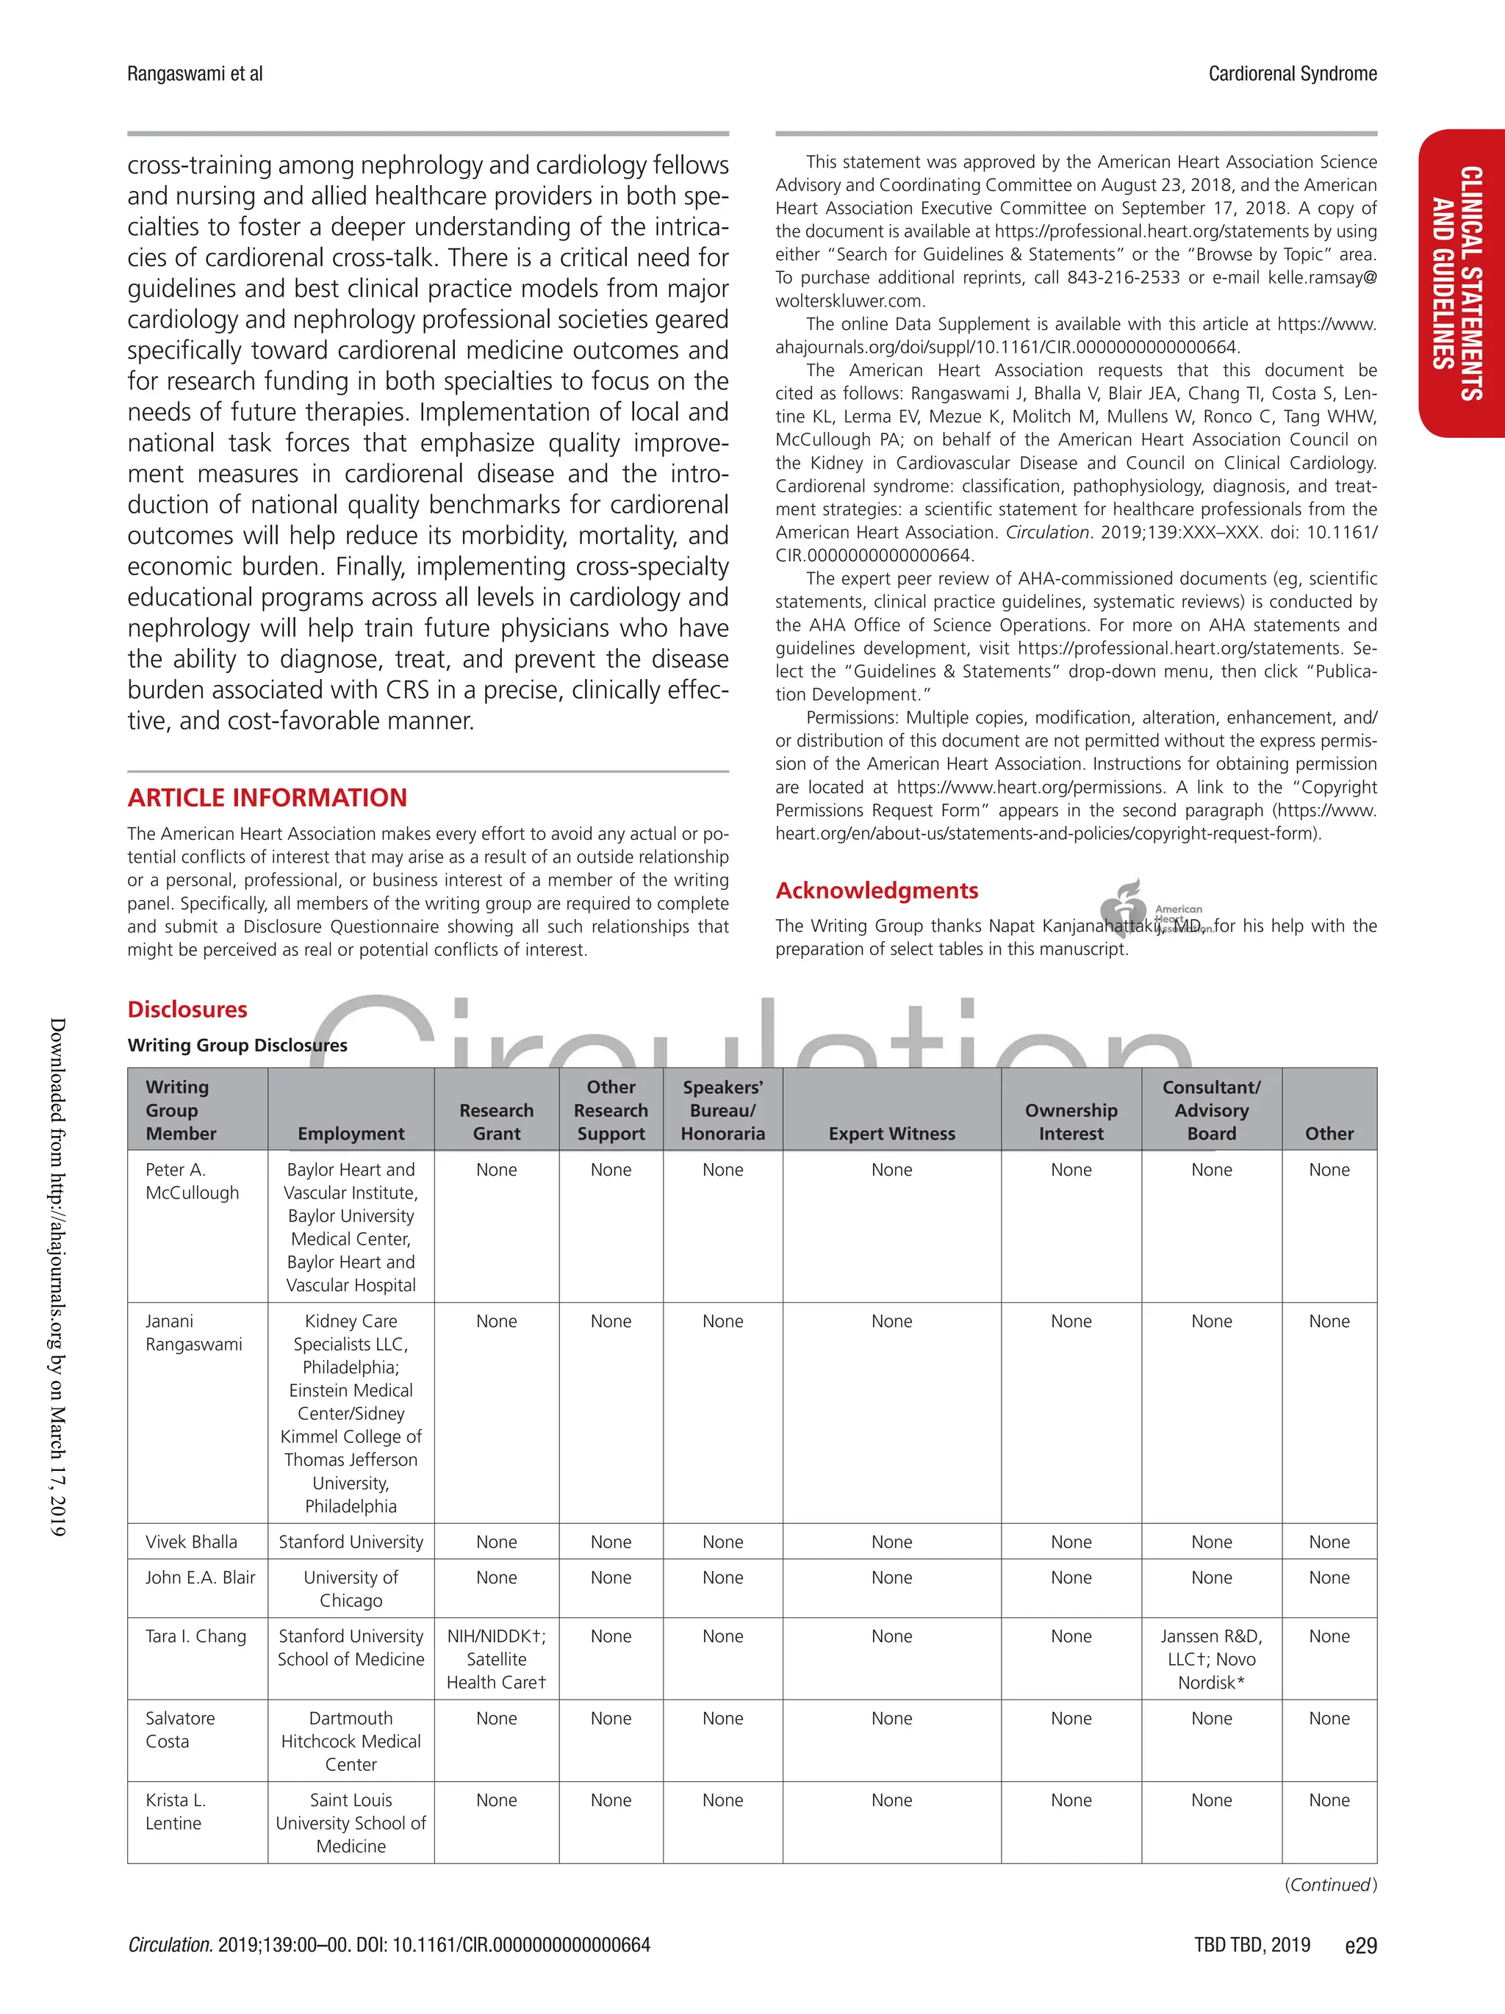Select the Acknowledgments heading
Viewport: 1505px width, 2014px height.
[876, 891]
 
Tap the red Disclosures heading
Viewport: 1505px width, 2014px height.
[187, 1009]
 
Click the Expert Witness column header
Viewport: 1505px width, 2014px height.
[891, 1134]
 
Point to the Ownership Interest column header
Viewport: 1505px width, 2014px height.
[1071, 1122]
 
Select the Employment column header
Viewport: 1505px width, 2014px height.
[351, 1134]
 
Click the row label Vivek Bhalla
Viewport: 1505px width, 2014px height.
[191, 1542]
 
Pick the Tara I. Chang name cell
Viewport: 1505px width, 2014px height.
[195, 1636]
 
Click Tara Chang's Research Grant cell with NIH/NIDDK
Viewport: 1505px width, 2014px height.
[496, 1659]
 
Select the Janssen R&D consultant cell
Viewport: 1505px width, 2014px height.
[1211, 1659]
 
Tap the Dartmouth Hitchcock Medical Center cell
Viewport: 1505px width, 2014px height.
[351, 1741]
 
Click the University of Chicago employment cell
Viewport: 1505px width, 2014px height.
[351, 1589]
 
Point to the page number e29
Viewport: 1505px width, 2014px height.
[1360, 1945]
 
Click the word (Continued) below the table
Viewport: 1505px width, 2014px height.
[1330, 1884]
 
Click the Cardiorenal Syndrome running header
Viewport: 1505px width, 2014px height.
[1292, 73]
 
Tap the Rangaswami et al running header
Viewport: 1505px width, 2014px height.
[195, 73]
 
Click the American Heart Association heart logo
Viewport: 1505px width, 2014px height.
[1124, 909]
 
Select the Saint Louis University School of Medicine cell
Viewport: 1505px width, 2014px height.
[351, 1823]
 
